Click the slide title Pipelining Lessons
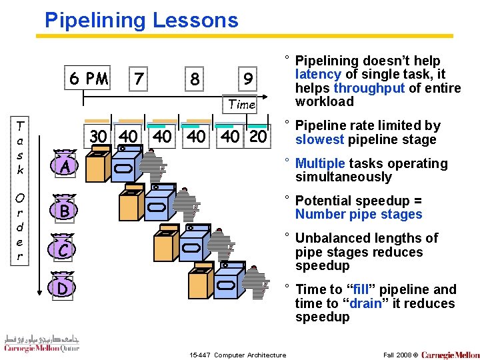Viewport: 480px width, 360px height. click(x=141, y=20)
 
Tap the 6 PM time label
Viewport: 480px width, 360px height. click(x=89, y=79)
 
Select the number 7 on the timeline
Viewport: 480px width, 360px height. click(x=138, y=79)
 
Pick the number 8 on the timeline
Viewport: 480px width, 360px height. click(x=194, y=79)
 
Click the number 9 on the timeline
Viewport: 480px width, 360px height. click(x=247, y=80)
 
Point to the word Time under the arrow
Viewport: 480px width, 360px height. click(x=242, y=104)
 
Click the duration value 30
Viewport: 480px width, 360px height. click(x=98, y=136)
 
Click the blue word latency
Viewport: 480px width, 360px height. click(x=318, y=75)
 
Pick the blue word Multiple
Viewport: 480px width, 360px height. click(x=319, y=163)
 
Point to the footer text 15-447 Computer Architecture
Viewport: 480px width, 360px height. click(x=238, y=355)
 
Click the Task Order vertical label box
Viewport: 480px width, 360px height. click(x=20, y=190)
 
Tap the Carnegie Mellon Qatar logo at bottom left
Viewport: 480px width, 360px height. click(x=41, y=343)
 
